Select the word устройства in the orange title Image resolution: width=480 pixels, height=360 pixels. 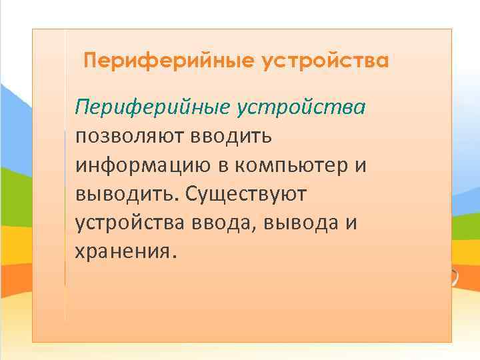pos(325,61)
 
